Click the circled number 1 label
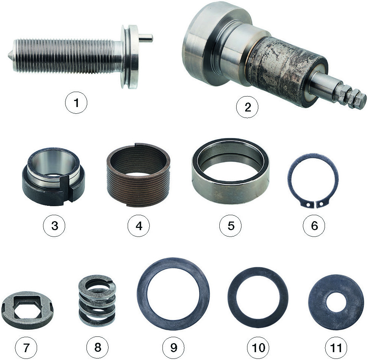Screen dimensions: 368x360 (x=76, y=103)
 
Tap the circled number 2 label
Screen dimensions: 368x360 (x=247, y=107)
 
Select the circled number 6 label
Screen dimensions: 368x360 (x=314, y=225)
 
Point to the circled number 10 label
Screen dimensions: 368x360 (x=258, y=347)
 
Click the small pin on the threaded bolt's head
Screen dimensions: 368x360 (x=146, y=37)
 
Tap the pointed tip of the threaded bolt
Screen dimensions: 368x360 (x=9, y=57)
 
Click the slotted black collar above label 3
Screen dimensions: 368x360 (x=54, y=176)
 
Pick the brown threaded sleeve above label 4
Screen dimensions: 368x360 (x=138, y=175)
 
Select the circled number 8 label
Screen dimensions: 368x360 (x=97, y=347)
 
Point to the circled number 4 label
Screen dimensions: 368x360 (x=139, y=225)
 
